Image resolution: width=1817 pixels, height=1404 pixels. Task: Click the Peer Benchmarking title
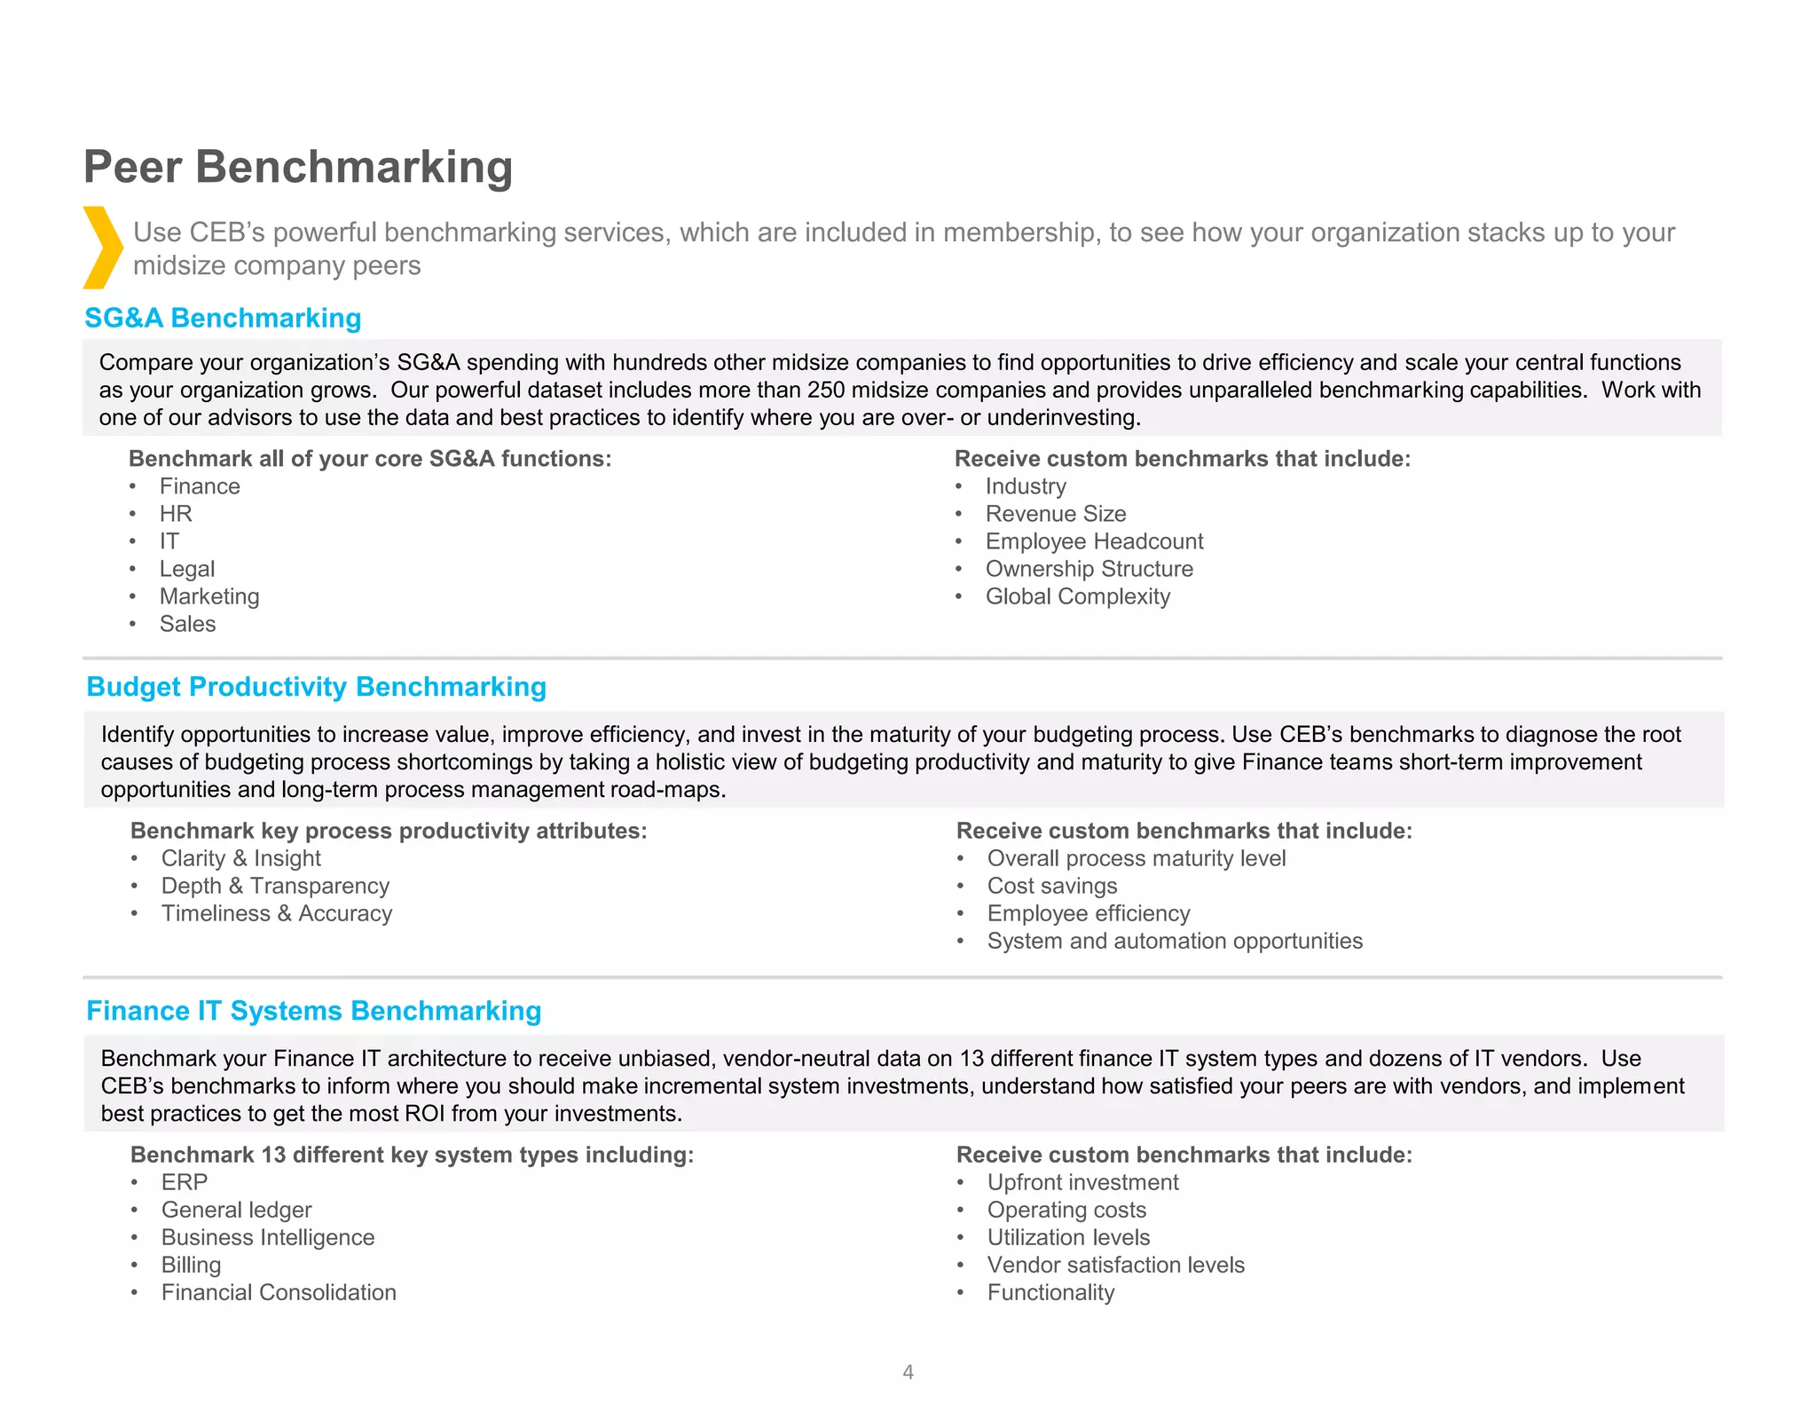(x=298, y=167)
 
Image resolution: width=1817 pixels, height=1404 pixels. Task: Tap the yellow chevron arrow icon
(x=103, y=248)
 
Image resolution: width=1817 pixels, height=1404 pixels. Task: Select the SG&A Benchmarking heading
(x=223, y=318)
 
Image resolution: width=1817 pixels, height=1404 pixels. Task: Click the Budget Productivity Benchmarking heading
(x=316, y=687)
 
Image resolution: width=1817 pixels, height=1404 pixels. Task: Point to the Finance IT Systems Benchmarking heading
(x=313, y=1011)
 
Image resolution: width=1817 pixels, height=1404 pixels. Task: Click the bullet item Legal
(x=187, y=569)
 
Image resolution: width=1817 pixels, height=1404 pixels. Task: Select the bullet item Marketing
(x=209, y=596)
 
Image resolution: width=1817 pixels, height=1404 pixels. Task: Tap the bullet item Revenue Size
(x=1055, y=514)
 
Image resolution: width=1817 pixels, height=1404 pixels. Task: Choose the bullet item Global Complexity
(x=1077, y=596)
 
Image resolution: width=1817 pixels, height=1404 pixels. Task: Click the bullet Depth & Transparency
(x=275, y=886)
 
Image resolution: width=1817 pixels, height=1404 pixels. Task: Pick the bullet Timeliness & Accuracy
(x=276, y=913)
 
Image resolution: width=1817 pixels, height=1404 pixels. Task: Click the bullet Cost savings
(x=1051, y=886)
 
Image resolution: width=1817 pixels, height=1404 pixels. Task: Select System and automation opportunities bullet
(x=1174, y=941)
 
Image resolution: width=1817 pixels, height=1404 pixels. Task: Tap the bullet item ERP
(x=185, y=1182)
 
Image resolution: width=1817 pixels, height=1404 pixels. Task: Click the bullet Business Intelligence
(x=268, y=1237)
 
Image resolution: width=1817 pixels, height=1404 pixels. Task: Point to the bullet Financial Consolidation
(x=279, y=1292)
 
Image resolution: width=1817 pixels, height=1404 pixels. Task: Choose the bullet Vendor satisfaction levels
(x=1115, y=1265)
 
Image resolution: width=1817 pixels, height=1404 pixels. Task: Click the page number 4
(x=908, y=1372)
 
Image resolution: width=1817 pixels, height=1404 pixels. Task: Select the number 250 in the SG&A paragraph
(x=826, y=390)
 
